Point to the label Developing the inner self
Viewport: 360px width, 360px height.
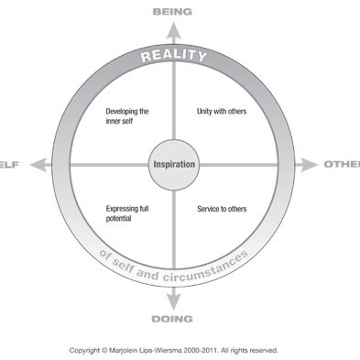127,116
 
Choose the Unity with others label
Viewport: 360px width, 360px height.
222,113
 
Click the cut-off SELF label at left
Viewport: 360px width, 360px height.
8,165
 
